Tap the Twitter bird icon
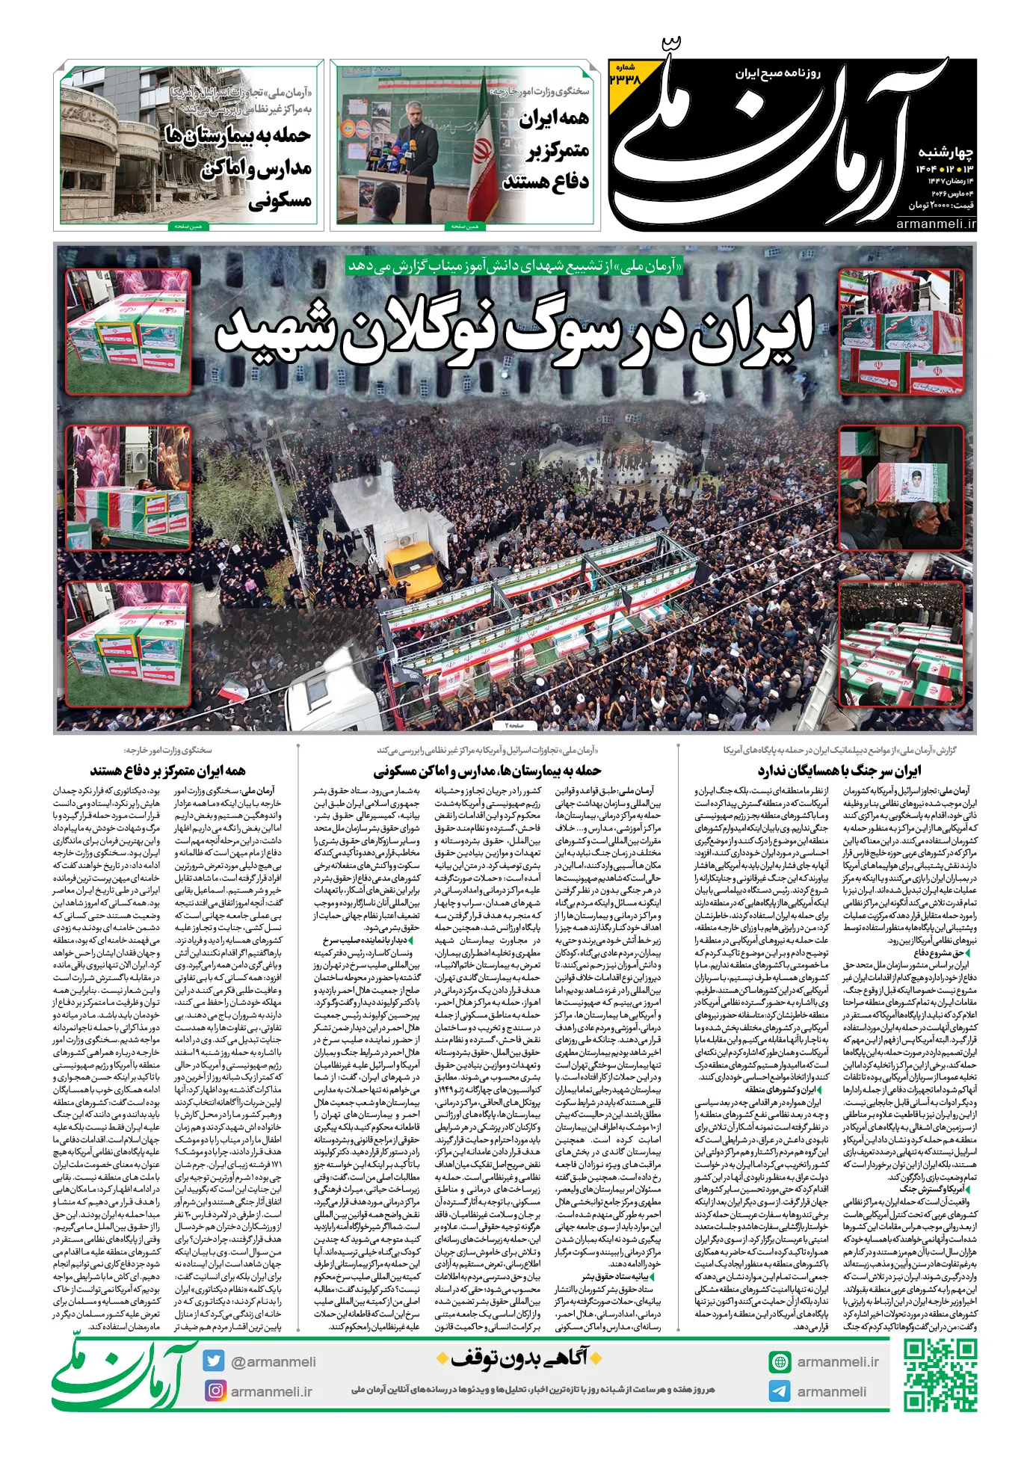215,1361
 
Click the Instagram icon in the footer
215,1391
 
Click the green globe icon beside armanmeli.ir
780,1361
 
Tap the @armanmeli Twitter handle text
273,1361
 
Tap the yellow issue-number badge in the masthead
625,76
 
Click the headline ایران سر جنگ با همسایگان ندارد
839,770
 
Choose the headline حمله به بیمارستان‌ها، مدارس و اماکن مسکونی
487,770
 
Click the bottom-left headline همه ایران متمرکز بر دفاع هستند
167,770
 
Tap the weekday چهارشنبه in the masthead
946,153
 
